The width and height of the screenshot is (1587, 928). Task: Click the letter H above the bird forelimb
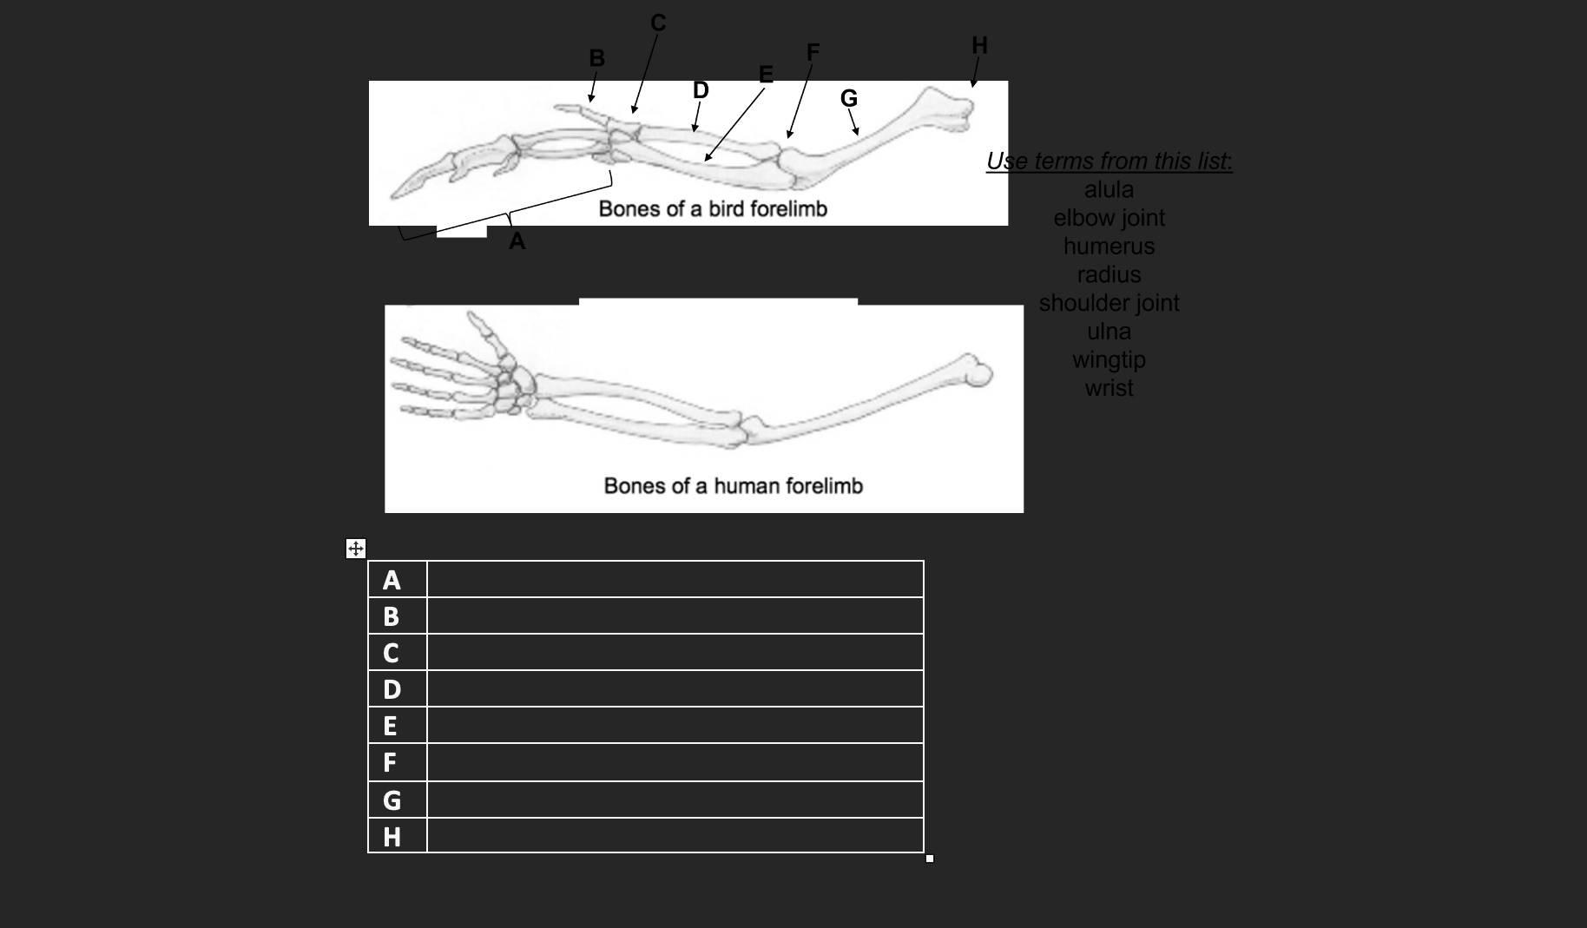pyautogui.click(x=979, y=45)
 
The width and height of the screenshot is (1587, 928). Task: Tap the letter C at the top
pyautogui.click(x=658, y=23)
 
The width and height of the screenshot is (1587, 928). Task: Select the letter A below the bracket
pyautogui.click(x=517, y=241)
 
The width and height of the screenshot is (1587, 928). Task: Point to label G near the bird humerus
pyautogui.click(x=848, y=98)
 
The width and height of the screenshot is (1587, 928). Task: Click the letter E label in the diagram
pyautogui.click(x=766, y=75)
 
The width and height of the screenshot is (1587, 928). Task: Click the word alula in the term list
pyautogui.click(x=1109, y=189)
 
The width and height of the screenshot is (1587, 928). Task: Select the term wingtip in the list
pyautogui.click(x=1109, y=359)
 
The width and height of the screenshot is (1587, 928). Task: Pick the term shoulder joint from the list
pyautogui.click(x=1109, y=303)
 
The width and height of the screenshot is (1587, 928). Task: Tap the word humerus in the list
pyautogui.click(x=1109, y=247)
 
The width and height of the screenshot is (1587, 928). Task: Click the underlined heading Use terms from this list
pyautogui.click(x=1109, y=161)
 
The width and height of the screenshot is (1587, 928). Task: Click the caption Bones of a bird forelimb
pyautogui.click(x=713, y=209)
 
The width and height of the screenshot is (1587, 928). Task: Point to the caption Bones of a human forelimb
pyautogui.click(x=733, y=486)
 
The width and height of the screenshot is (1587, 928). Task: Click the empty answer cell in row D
pyautogui.click(x=675, y=688)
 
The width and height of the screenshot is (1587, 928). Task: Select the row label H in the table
pyautogui.click(x=392, y=836)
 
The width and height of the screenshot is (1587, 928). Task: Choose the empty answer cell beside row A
pyautogui.click(x=675, y=579)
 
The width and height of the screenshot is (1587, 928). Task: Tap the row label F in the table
pyautogui.click(x=390, y=762)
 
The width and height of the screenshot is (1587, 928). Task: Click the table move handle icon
pyautogui.click(x=355, y=549)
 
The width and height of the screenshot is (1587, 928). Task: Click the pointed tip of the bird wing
pyautogui.click(x=395, y=194)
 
